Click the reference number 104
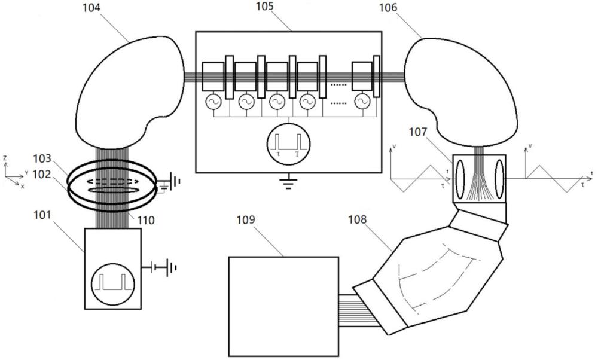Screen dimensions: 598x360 (x=91, y=7)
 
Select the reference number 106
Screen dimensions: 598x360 (x=388, y=8)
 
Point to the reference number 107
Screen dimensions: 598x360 (x=418, y=132)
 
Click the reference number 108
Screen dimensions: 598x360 (x=357, y=219)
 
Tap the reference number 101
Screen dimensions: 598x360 (x=42, y=215)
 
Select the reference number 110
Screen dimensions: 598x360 (x=146, y=220)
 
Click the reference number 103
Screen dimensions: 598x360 (x=42, y=158)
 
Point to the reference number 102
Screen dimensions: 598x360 (x=42, y=174)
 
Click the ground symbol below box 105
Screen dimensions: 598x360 (x=289, y=182)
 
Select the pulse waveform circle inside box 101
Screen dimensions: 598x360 (x=113, y=283)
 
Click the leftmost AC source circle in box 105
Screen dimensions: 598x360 (x=213, y=102)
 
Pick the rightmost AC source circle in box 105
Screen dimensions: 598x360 (x=362, y=102)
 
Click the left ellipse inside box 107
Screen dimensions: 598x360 (x=460, y=179)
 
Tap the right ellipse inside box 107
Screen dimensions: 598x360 (x=499, y=179)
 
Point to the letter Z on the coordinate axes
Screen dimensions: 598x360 (x=5, y=158)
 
